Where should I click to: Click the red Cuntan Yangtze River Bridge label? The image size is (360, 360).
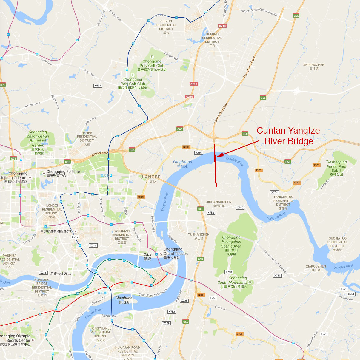(288, 136)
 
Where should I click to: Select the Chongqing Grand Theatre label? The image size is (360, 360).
(176, 253)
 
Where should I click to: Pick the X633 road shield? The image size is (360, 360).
(98, 86)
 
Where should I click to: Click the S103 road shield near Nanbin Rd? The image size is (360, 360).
(201, 295)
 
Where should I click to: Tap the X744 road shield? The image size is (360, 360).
(274, 192)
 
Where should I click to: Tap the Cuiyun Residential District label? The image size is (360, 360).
(166, 25)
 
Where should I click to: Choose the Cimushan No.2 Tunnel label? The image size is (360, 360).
(275, 261)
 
